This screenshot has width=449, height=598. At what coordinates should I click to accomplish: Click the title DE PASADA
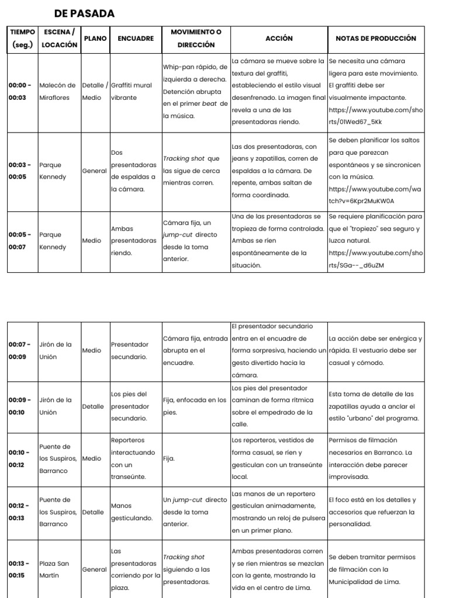click(x=84, y=13)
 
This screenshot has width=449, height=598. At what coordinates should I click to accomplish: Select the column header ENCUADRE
click(x=136, y=39)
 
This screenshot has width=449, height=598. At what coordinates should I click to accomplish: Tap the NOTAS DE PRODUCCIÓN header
click(x=376, y=39)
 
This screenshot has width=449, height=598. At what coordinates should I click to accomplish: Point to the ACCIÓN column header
click(x=279, y=39)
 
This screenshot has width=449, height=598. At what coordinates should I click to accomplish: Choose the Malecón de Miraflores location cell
click(x=57, y=92)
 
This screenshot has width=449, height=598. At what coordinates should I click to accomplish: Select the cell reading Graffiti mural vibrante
click(x=132, y=92)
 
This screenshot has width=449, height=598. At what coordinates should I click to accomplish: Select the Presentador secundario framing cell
click(x=130, y=351)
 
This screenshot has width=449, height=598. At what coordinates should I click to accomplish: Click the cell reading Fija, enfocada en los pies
click(x=195, y=406)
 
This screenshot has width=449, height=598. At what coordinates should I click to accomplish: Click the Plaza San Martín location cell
click(x=54, y=570)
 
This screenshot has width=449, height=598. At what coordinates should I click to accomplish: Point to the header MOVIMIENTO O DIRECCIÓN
click(x=196, y=39)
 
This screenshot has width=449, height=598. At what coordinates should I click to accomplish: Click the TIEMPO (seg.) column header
click(x=22, y=39)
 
